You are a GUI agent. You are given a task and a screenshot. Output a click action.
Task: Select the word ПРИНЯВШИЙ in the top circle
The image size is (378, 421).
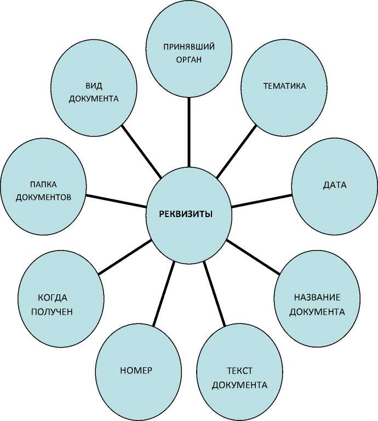pos(188,46)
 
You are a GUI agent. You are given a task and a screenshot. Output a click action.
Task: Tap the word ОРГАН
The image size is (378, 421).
pos(188,59)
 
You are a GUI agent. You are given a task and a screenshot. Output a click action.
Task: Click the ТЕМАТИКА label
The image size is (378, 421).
pos(284,87)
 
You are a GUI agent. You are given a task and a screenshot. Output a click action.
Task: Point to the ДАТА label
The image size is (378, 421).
pos(335,185)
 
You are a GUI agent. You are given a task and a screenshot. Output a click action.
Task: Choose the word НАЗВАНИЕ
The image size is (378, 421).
pos(317,298)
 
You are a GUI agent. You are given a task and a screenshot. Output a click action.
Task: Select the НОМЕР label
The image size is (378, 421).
pos(136,370)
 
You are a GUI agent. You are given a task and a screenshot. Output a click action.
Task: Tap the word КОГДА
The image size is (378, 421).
pos(52,298)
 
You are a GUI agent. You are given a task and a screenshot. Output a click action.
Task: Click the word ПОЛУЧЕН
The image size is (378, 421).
pos(52,311)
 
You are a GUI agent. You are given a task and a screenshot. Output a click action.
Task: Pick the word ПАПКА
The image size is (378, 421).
pos(43,184)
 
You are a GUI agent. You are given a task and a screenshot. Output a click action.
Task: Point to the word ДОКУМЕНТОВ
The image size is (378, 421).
pos(43,196)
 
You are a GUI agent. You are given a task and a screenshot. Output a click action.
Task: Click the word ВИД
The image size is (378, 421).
pos(94,86)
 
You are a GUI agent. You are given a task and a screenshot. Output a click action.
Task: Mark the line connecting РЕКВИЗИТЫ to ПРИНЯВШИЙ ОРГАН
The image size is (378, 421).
pos(188,132)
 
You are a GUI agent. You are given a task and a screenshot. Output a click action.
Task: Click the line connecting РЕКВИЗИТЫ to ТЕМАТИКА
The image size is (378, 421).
pos(236,152)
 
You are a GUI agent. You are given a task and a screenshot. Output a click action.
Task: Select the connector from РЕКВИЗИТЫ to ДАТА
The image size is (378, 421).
pos(261,200)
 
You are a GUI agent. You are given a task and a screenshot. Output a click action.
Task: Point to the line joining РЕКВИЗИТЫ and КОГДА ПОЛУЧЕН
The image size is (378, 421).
pos(124,257)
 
